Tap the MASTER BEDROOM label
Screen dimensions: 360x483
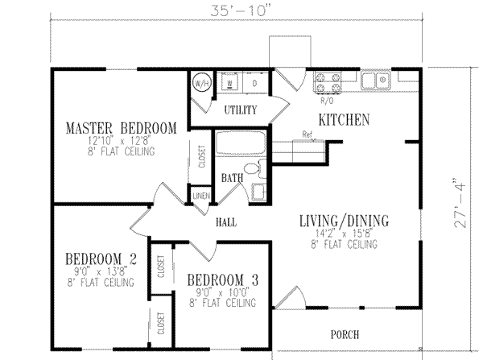(x=120, y=128)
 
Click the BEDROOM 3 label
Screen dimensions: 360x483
(x=222, y=279)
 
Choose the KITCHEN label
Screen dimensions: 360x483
(x=344, y=120)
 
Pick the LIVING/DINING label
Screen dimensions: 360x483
(x=344, y=220)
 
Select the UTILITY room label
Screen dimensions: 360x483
(x=240, y=110)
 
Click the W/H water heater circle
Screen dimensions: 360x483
(x=200, y=83)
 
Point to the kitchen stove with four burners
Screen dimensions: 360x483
(x=328, y=82)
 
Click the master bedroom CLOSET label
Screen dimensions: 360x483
(x=201, y=155)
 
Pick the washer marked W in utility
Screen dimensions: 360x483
(x=231, y=83)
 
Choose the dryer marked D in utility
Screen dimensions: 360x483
(x=254, y=83)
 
